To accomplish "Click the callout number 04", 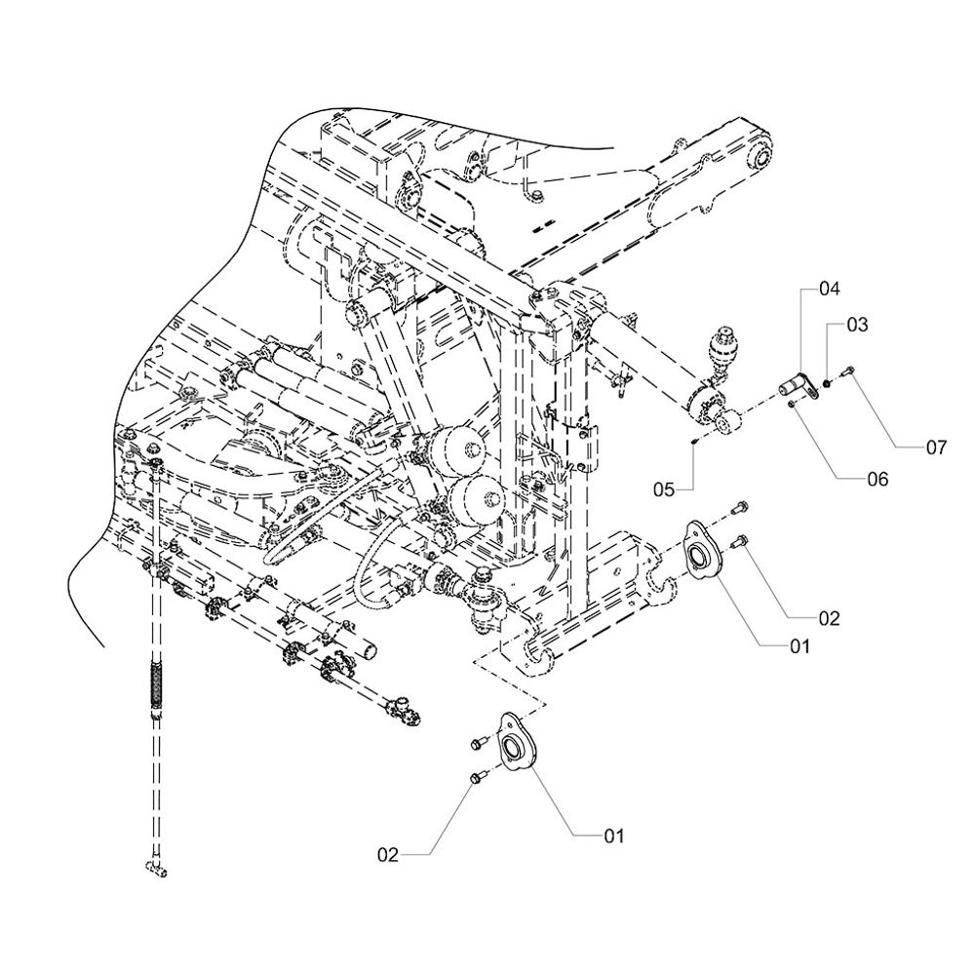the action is coord(829,290).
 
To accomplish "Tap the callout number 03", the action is coord(856,325).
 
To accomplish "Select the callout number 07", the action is coord(936,448).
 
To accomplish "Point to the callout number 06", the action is coord(878,479).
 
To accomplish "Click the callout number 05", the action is coord(664,490).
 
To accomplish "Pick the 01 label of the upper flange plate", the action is coord(800,646).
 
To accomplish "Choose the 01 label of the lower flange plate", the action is coord(614,836).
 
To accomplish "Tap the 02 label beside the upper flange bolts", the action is coord(829,618).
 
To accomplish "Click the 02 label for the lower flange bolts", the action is coord(387,855).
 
